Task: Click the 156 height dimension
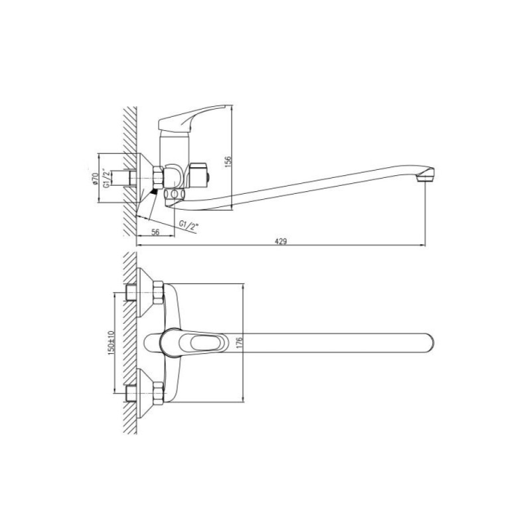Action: (x=228, y=161)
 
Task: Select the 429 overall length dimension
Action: (x=281, y=242)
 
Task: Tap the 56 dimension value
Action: (x=155, y=232)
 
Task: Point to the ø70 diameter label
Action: (x=95, y=179)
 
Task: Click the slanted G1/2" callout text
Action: (x=189, y=225)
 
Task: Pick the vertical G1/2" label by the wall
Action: (x=106, y=179)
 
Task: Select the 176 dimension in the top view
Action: (x=240, y=343)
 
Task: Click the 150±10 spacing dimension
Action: (x=111, y=342)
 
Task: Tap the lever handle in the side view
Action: (x=191, y=119)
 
